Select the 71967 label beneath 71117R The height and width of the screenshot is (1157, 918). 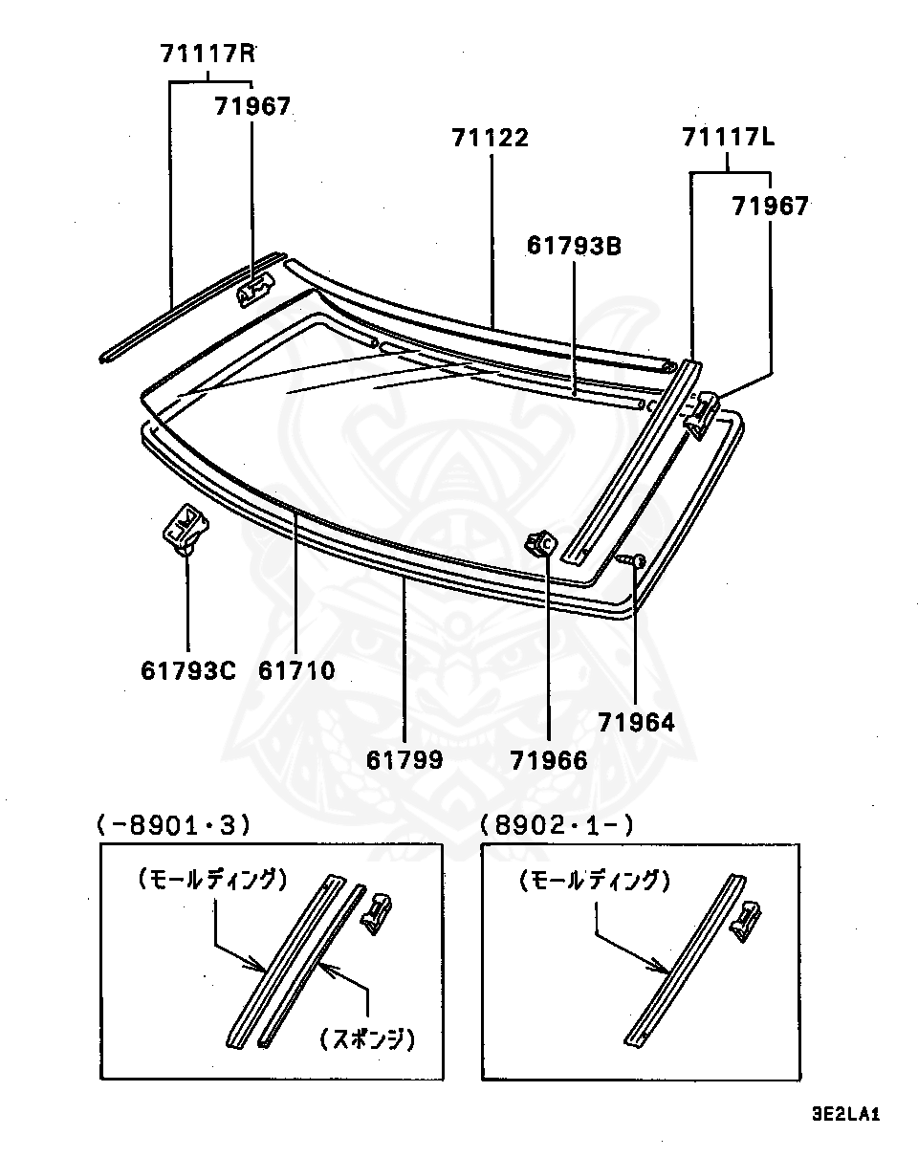coord(251,106)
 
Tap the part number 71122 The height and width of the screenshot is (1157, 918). coord(490,138)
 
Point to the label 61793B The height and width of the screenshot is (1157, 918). coord(575,246)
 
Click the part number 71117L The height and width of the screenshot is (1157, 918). coord(729,138)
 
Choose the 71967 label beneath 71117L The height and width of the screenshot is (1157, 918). coord(770,205)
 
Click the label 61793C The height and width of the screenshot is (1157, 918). coord(187,671)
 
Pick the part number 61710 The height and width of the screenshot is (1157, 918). coord(296,671)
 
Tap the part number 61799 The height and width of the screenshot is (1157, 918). coord(404,759)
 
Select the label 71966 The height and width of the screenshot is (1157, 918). coord(549,759)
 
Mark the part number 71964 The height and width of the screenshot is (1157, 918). coord(637,723)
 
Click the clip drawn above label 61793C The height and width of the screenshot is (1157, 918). coord(186,529)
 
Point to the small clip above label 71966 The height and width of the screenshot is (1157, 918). coord(540,544)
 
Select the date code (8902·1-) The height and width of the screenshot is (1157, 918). coord(557,824)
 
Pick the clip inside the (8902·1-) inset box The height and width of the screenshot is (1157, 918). coord(746,920)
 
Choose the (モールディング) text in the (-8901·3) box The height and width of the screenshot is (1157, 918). coord(211,879)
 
